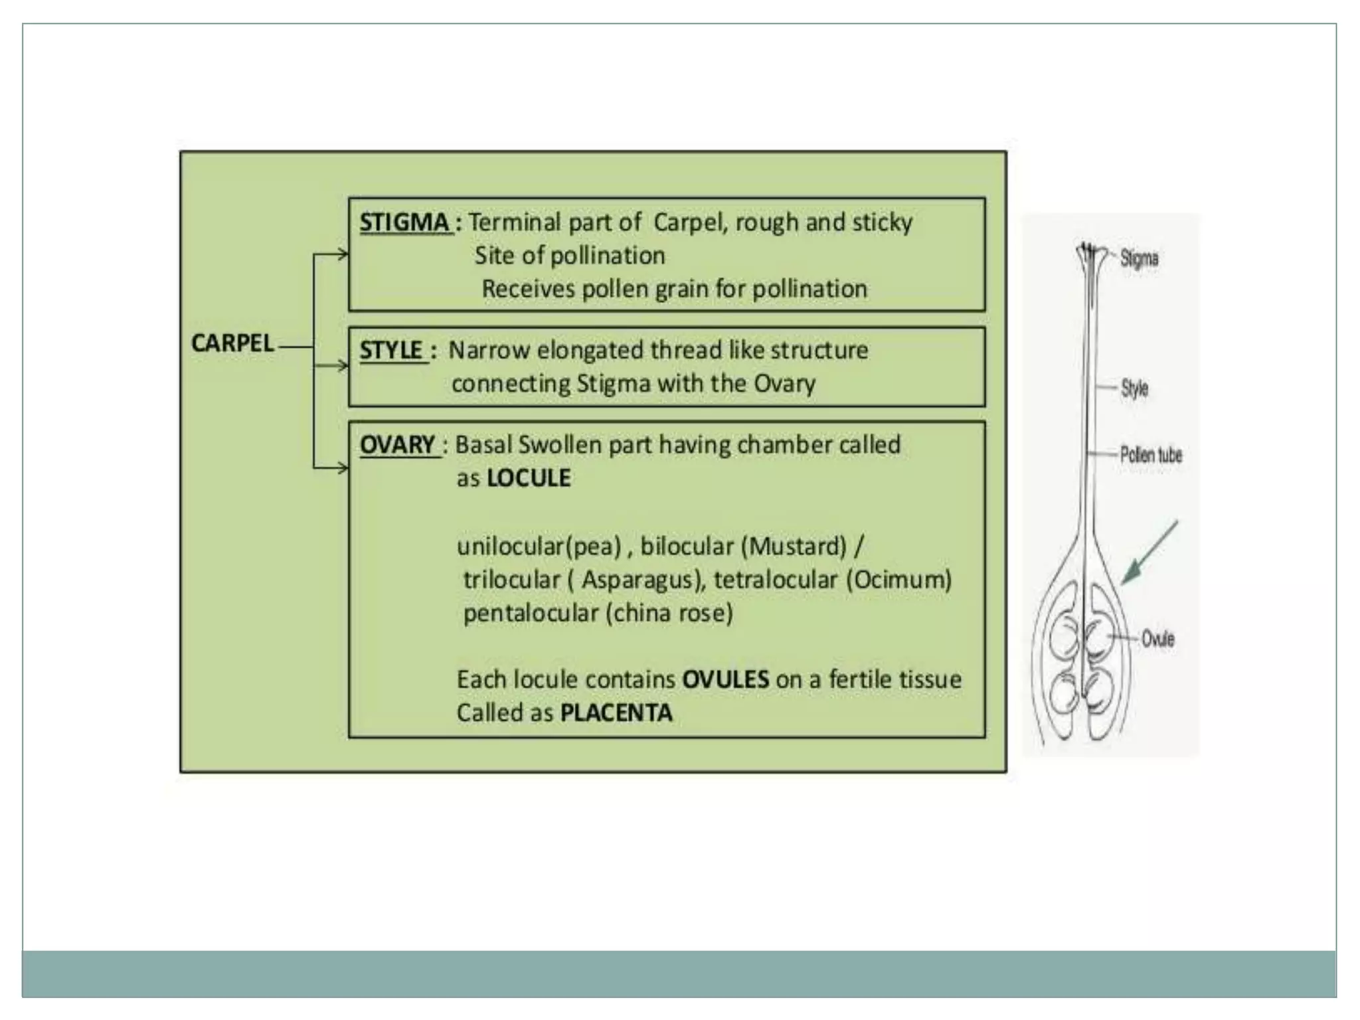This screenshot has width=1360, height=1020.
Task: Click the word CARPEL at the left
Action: (232, 343)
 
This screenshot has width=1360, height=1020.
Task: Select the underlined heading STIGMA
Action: (404, 222)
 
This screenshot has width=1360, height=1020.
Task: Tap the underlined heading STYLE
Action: (392, 351)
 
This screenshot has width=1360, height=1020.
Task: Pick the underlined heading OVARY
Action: (397, 444)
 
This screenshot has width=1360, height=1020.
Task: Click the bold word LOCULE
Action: (529, 478)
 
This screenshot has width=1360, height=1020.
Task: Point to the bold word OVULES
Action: (725, 679)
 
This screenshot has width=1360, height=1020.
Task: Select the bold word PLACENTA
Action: (616, 713)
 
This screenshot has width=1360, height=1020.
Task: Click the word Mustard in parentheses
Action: (794, 547)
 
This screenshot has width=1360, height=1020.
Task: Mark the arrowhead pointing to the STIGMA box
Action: (342, 254)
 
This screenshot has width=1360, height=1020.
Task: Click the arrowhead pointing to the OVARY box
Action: (342, 468)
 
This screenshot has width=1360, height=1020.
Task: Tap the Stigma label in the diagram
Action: (1139, 258)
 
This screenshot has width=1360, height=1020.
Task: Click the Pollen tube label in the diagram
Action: (1151, 455)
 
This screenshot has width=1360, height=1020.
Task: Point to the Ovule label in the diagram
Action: (1157, 639)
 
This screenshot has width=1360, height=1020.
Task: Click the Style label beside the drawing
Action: (1134, 388)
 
